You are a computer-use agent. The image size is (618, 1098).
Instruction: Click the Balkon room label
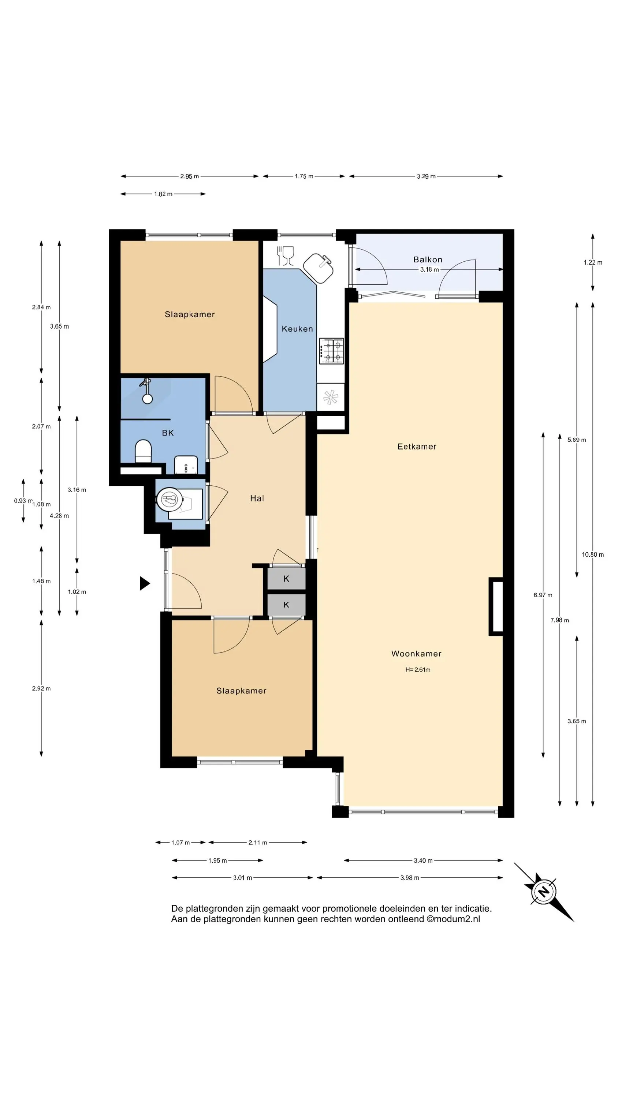[427, 259]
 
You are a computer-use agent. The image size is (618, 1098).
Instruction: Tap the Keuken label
[297, 329]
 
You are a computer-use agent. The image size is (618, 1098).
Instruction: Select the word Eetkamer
[417, 446]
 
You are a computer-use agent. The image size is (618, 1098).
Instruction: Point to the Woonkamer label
[416, 653]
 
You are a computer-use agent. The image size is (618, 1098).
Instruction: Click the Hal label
[257, 498]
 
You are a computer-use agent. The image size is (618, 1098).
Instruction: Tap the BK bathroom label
[168, 433]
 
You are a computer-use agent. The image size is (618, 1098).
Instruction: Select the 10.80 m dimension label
[592, 554]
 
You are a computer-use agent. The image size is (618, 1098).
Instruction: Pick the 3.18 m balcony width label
[429, 269]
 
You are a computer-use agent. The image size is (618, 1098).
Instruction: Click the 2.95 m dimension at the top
[189, 176]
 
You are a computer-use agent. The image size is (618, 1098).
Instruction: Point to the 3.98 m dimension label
[409, 878]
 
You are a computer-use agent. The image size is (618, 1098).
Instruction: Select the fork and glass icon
[285, 256]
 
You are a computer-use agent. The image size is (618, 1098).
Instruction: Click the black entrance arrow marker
[145, 583]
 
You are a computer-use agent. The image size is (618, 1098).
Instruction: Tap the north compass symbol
[544, 892]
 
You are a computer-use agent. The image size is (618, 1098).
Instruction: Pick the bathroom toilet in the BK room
[143, 451]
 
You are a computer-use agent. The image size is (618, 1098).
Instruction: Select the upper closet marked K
[286, 578]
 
